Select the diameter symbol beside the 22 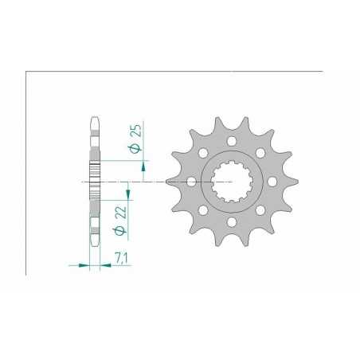pyautogui.click(x=121, y=229)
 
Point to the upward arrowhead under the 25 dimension pyautogui.click(x=144, y=166)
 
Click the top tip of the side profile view pyautogui.click(x=93, y=119)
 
